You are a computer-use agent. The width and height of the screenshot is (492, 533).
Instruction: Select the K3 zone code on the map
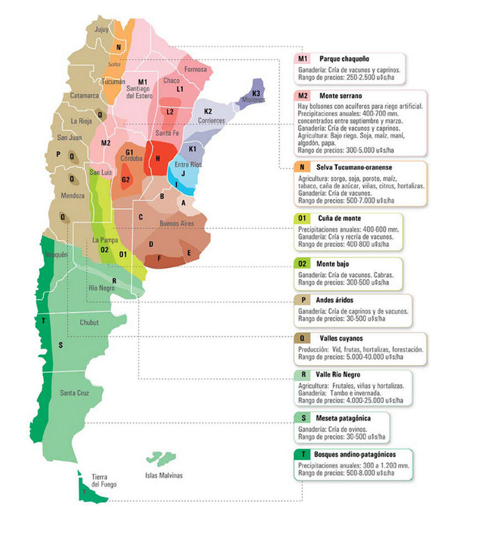(256, 93)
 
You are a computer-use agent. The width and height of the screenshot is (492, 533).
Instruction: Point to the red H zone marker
(158, 158)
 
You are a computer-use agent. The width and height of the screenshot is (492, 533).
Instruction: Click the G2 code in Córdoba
(126, 179)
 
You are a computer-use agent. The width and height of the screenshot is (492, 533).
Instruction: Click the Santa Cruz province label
(75, 393)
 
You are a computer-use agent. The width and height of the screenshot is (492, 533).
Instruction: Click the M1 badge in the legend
(303, 59)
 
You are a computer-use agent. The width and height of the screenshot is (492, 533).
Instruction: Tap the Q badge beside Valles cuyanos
(302, 338)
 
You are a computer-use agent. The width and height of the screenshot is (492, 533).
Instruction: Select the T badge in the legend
(302, 454)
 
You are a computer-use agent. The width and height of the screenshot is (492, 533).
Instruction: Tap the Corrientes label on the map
(209, 120)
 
